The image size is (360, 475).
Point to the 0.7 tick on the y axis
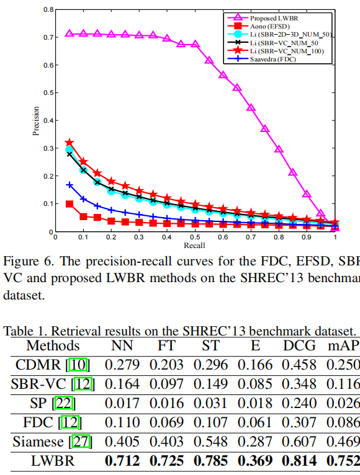pos(48,37)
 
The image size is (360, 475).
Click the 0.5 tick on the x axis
pos(195,237)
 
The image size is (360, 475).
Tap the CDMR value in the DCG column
pos(299,364)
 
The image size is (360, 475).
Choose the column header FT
pos(165,345)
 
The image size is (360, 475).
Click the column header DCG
pos(299,345)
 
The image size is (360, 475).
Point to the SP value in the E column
pos(254,403)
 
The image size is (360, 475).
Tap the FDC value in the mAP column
pos(344,422)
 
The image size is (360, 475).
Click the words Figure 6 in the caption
pos(24,260)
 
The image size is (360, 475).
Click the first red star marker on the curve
pos(70,143)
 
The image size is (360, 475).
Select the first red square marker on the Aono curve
pos(70,204)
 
